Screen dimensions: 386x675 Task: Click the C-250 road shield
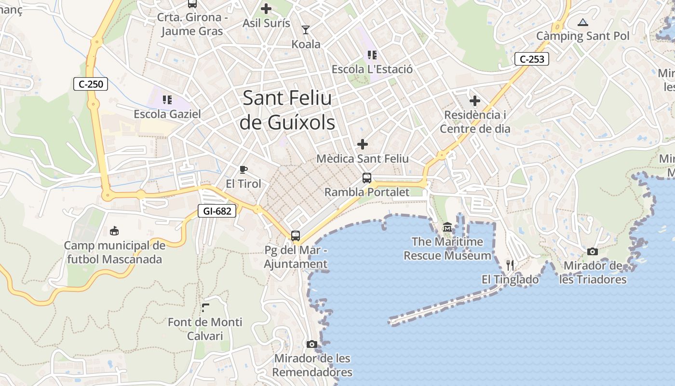click(x=91, y=84)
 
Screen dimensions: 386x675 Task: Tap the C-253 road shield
click(x=532, y=59)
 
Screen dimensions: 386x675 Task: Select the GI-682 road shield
click(x=217, y=211)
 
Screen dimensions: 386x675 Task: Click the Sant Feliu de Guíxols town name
click(x=288, y=110)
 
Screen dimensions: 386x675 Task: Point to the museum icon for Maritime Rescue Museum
click(x=447, y=227)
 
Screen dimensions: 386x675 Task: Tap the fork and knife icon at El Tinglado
click(x=510, y=265)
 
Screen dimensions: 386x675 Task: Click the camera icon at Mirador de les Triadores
click(x=593, y=251)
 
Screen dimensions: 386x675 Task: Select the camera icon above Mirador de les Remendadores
click(x=312, y=344)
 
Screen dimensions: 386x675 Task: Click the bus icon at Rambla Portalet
click(x=367, y=178)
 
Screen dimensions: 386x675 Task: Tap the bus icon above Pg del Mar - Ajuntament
click(x=296, y=236)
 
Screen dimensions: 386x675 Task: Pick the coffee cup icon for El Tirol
click(x=243, y=169)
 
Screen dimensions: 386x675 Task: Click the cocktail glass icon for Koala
click(x=305, y=30)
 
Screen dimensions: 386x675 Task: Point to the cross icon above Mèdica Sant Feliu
click(x=362, y=144)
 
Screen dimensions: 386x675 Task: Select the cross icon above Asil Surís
click(x=266, y=9)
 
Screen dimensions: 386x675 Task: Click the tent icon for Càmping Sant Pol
click(x=583, y=22)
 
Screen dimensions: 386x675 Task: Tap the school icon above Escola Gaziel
click(x=167, y=100)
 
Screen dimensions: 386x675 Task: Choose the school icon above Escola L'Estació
click(x=372, y=55)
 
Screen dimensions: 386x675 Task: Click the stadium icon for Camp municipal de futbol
click(x=114, y=231)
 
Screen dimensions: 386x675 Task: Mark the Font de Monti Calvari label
click(x=205, y=329)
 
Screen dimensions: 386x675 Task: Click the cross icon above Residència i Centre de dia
click(x=475, y=101)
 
